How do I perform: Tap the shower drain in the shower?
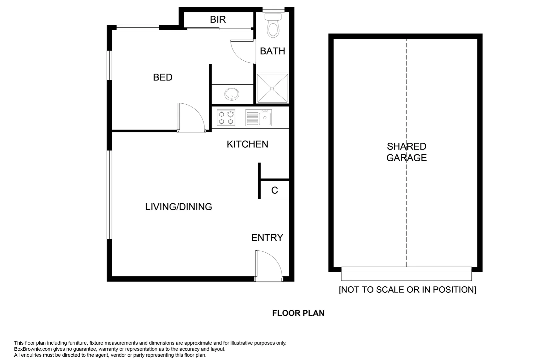272,88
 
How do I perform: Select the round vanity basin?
231,94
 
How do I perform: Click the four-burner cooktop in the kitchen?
226,118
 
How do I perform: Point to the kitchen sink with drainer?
259,118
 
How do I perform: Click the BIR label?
218,19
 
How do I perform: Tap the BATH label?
273,51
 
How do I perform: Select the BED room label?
163,77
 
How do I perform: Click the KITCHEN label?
247,144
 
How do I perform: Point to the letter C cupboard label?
274,190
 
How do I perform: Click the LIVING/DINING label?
179,207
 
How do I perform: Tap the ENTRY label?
267,237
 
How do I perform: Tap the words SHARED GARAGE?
406,152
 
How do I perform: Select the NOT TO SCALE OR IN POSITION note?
407,289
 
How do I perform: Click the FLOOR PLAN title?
298,313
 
